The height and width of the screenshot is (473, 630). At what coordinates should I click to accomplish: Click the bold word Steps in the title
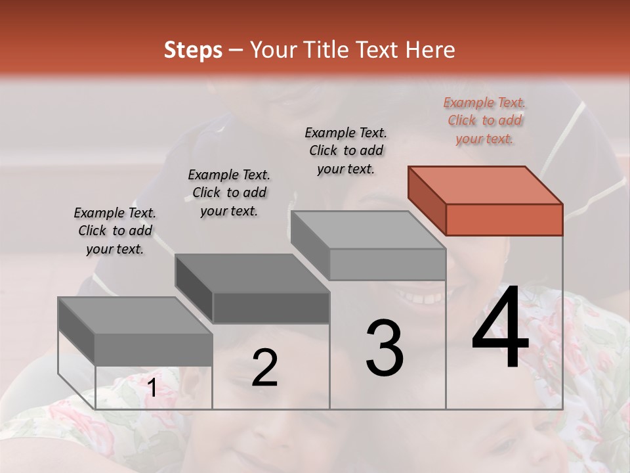pos(193,50)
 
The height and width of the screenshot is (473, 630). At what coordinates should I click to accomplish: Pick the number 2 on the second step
pos(264,368)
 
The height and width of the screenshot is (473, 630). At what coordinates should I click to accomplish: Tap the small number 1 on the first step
pos(152,388)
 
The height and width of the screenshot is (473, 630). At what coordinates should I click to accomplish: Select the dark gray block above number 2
pos(253,289)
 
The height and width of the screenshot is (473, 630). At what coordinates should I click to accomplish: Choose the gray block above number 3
pos(369,246)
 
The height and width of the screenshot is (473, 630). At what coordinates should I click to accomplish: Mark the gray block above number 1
pos(136,332)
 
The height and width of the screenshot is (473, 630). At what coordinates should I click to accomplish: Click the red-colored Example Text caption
pos(485,121)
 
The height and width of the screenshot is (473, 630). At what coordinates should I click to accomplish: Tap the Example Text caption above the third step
pos(346,150)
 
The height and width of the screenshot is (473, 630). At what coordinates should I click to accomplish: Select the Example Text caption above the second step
pos(229,192)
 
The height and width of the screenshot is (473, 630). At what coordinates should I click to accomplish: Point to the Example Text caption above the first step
pos(115,231)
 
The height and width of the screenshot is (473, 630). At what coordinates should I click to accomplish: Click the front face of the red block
pos(504,220)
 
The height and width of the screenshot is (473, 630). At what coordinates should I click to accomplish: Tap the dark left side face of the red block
pos(427,200)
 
